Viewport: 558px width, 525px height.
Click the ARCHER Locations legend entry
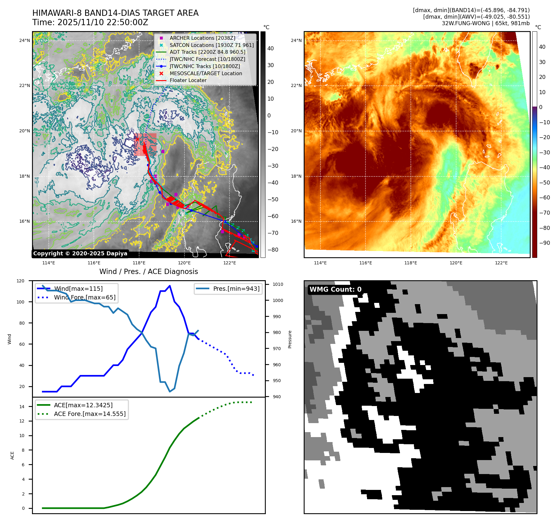click(x=202, y=38)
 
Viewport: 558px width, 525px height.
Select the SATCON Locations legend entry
click(x=211, y=45)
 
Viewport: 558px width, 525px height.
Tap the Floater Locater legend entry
click(x=188, y=80)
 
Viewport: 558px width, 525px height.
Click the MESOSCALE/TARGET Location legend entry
click(x=206, y=73)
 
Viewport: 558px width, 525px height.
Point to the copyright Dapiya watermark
click(x=80, y=253)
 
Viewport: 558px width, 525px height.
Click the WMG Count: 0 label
click(x=335, y=290)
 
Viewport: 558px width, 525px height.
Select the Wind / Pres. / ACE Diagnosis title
click(x=148, y=272)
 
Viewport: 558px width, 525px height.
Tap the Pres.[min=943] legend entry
click(x=236, y=289)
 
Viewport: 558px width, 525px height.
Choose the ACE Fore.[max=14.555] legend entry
click(x=90, y=414)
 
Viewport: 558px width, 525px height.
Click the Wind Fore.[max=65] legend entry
click(x=84, y=297)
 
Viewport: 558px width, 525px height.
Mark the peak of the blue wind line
click(x=170, y=286)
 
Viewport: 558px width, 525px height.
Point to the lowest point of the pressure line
click(x=170, y=391)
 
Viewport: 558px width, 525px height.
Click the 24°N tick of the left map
click(x=25, y=40)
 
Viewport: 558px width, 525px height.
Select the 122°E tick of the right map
click(x=501, y=263)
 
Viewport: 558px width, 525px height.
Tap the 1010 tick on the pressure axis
click(x=278, y=284)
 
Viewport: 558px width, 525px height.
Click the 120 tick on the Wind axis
click(x=20, y=281)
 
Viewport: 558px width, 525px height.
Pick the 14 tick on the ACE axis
click(x=22, y=407)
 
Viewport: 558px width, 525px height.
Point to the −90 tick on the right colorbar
click(x=544, y=243)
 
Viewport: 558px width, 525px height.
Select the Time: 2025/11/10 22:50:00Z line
click(x=90, y=22)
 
